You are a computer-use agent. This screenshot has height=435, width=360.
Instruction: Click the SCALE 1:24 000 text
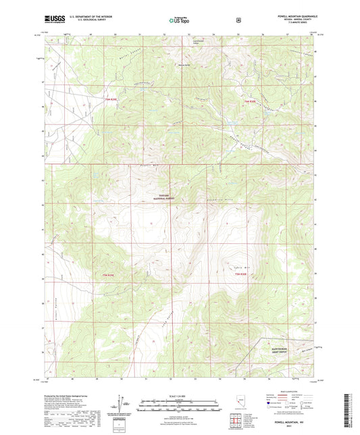tap(179, 396)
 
